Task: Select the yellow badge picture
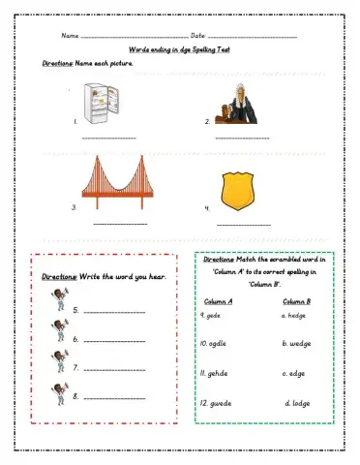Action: pos(236,189)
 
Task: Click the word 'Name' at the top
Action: pos(70,37)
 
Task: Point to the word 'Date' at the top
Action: pos(186,37)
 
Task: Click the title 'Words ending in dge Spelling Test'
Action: pos(179,50)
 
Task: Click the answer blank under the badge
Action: pos(244,225)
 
